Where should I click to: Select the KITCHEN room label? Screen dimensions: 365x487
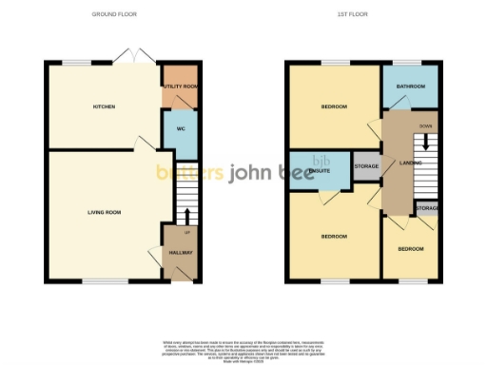[104, 106]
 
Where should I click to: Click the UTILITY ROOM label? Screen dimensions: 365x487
[180, 86]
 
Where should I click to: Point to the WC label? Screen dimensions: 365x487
[179, 128]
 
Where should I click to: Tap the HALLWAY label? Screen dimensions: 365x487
[181, 252]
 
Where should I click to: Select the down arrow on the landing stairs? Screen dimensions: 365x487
[426, 143]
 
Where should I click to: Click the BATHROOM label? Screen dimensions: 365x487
[411, 86]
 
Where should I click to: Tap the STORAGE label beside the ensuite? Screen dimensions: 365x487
[366, 166]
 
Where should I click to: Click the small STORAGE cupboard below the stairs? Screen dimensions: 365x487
[426, 207]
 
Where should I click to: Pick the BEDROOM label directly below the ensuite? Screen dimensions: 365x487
[334, 235]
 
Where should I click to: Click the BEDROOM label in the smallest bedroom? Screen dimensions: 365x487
[411, 248]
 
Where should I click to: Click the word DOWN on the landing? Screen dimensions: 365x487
[425, 125]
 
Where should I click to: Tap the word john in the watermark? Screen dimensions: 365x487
[251, 173]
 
